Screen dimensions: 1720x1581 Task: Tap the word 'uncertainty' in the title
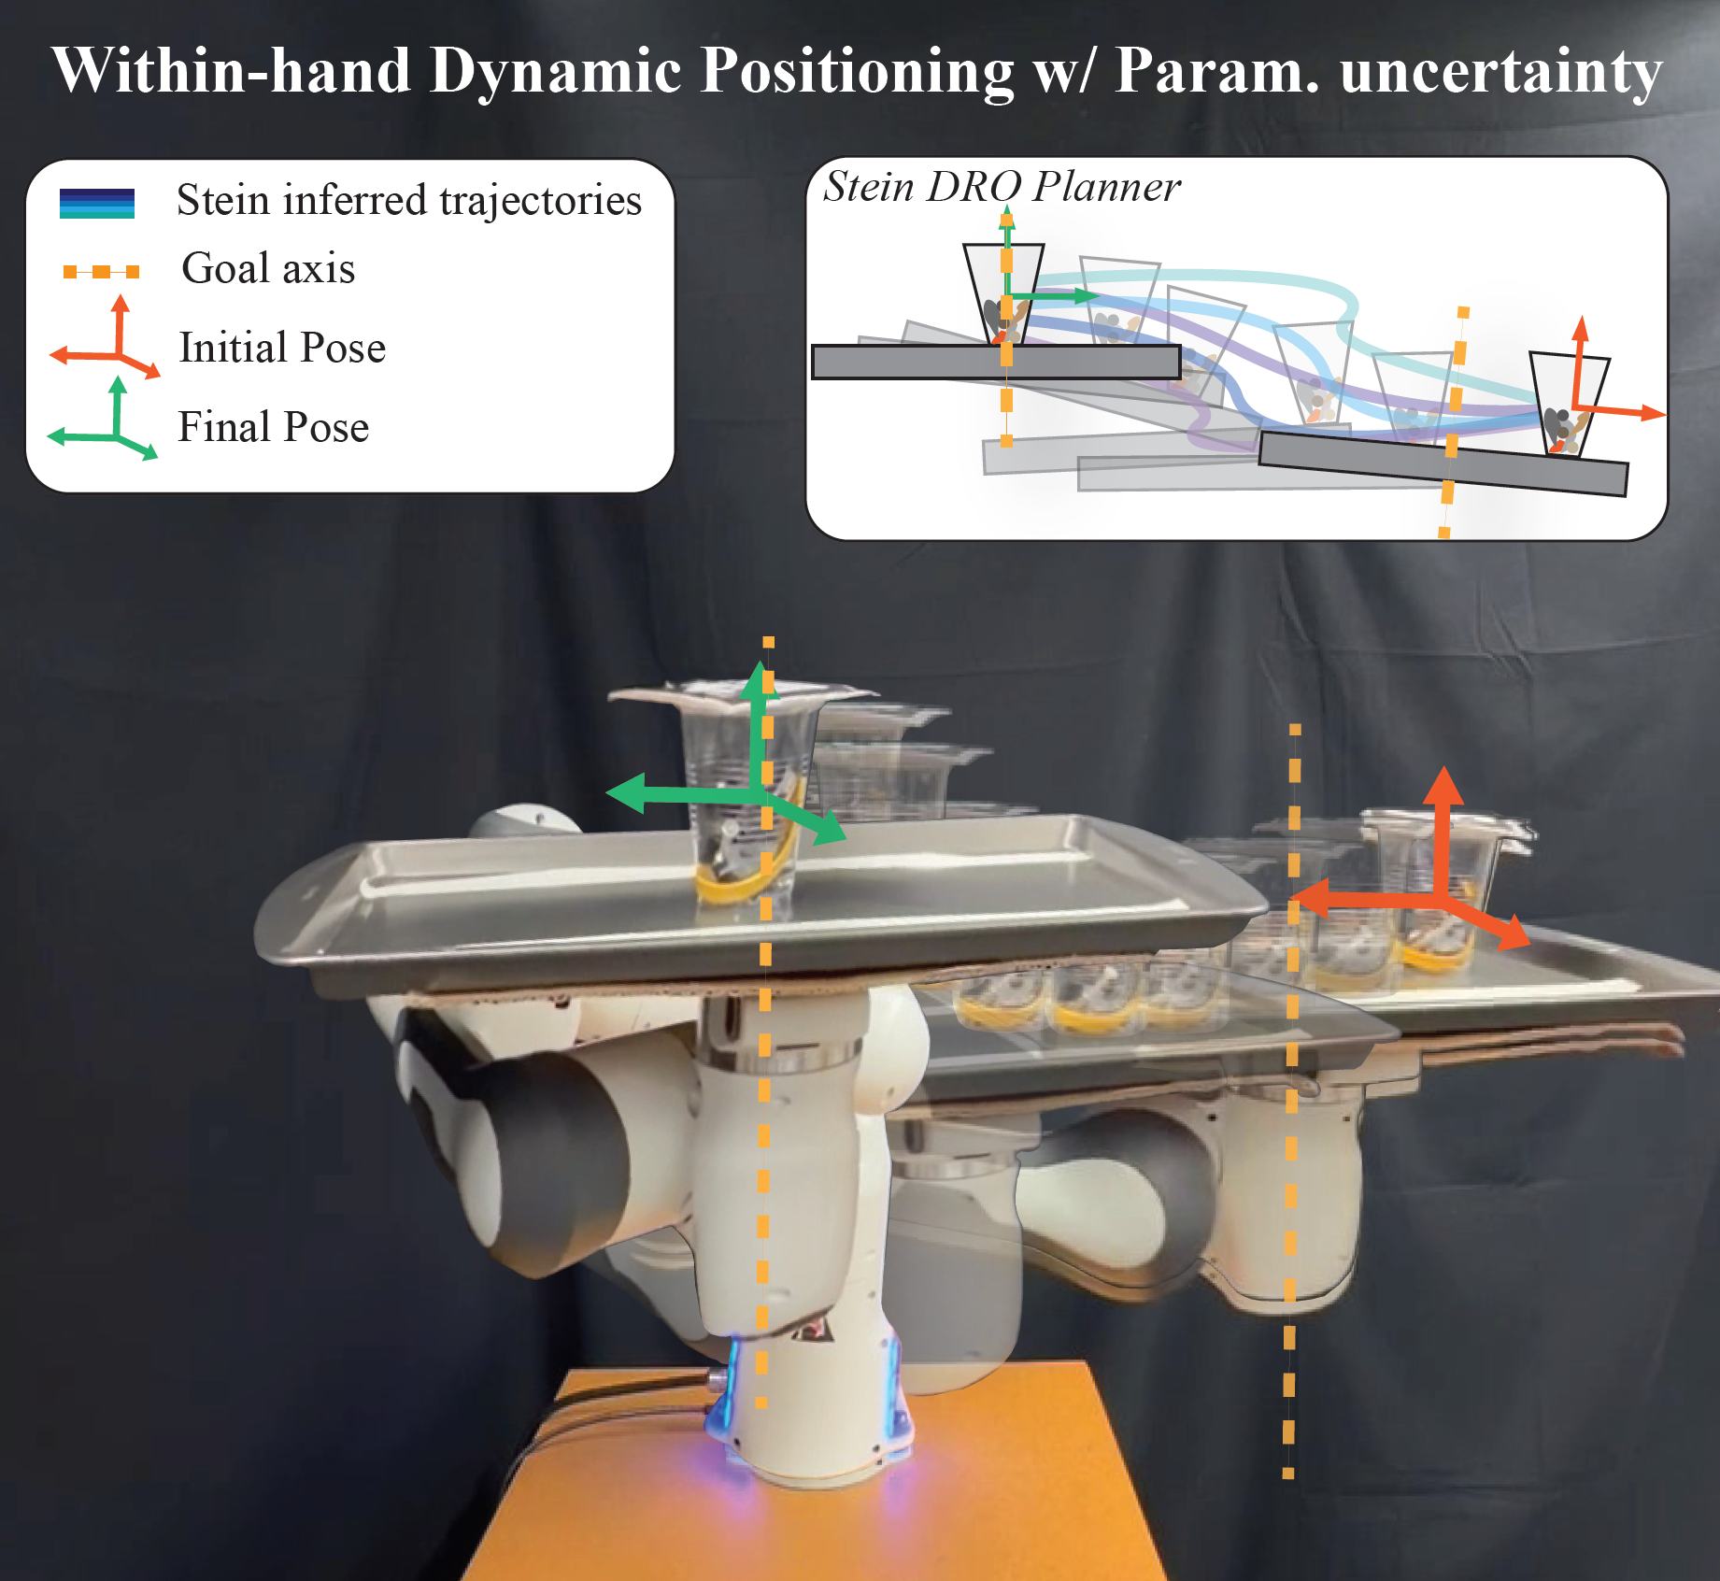point(1501,72)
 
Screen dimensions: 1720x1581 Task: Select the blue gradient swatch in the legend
point(97,204)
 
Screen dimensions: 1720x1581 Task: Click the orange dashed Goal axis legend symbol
point(101,272)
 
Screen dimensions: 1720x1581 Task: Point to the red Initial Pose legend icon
point(106,338)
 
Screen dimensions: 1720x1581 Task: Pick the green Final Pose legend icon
point(104,419)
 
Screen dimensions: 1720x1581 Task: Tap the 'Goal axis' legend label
point(268,269)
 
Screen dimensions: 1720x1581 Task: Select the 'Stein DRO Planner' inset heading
point(1002,187)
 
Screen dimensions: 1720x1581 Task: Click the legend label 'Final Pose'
point(274,427)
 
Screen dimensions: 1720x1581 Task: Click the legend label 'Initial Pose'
point(282,348)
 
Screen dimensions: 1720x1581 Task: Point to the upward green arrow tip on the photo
point(759,663)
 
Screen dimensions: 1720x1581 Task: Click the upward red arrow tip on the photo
point(1443,769)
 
